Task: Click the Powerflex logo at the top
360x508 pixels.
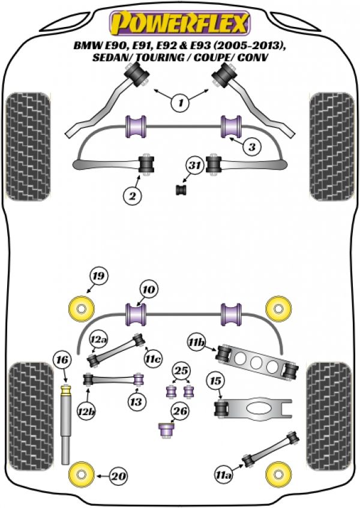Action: (180, 23)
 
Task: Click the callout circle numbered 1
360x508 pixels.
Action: (181, 103)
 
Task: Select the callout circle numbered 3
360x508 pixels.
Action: (252, 148)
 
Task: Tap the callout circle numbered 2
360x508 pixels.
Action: (132, 196)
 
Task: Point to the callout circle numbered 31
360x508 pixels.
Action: (194, 166)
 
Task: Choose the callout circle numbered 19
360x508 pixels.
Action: (99, 276)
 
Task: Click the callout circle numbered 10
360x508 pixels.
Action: (149, 290)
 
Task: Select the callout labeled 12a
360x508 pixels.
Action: (99, 339)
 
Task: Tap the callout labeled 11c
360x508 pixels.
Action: (154, 359)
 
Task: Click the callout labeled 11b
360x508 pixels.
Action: (197, 342)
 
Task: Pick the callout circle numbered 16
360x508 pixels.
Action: (62, 360)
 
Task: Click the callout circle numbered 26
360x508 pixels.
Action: (180, 411)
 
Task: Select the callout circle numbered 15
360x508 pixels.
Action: (215, 381)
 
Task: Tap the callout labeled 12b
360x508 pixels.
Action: (86, 411)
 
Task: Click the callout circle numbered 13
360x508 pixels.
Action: (136, 402)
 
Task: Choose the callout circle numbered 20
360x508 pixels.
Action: (119, 476)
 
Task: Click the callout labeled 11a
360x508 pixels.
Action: (224, 475)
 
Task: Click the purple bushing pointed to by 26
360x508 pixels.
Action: (166, 430)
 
